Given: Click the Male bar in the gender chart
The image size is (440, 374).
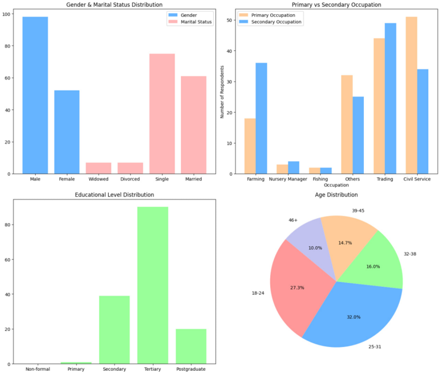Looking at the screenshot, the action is pos(35,95).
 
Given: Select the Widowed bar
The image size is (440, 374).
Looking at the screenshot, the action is pos(99,168).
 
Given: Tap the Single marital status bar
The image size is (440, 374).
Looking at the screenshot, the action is pos(162,114).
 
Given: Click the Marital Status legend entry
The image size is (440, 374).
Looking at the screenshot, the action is pos(190,22).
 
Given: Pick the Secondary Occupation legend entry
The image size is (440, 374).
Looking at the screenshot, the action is pos(271,22).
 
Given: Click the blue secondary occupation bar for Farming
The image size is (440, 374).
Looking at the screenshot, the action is pos(261,118).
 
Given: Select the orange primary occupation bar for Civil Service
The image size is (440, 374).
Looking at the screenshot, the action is pos(411,95).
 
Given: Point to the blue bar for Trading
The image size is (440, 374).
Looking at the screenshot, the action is pos(391,98).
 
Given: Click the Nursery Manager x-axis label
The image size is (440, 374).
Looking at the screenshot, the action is pos(288,179).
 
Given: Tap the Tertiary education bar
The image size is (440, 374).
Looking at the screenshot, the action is pos(152,285).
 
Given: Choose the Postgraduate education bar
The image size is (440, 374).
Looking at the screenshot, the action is pos(191,346).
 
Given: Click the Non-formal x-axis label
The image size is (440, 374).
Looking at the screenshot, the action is pos(37,369).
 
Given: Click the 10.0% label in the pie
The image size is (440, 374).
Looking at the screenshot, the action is pos(315,248).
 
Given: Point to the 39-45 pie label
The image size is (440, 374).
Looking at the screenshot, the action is pos(358,211).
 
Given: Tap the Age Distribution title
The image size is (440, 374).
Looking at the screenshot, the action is pos(336,195).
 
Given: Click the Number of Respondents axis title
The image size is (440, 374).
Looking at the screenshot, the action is pos(222,92).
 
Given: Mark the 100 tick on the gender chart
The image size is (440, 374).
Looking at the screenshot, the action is pos(6,14).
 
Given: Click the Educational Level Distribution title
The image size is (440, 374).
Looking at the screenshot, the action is pos(114,195).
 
